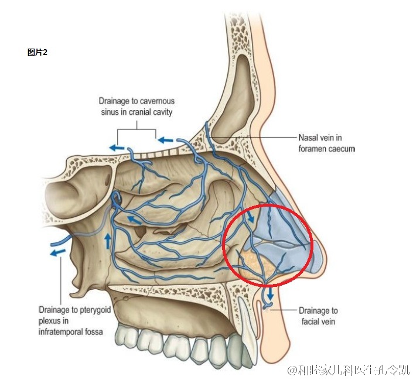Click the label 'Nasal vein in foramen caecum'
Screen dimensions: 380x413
[326, 143]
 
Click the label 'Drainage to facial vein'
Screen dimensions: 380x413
[318, 316]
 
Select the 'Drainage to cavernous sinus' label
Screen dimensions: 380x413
[136, 106]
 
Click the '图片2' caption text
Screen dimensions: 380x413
[37, 52]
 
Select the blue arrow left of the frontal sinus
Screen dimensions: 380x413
[167, 141]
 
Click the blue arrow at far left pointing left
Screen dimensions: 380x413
[57, 253]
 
